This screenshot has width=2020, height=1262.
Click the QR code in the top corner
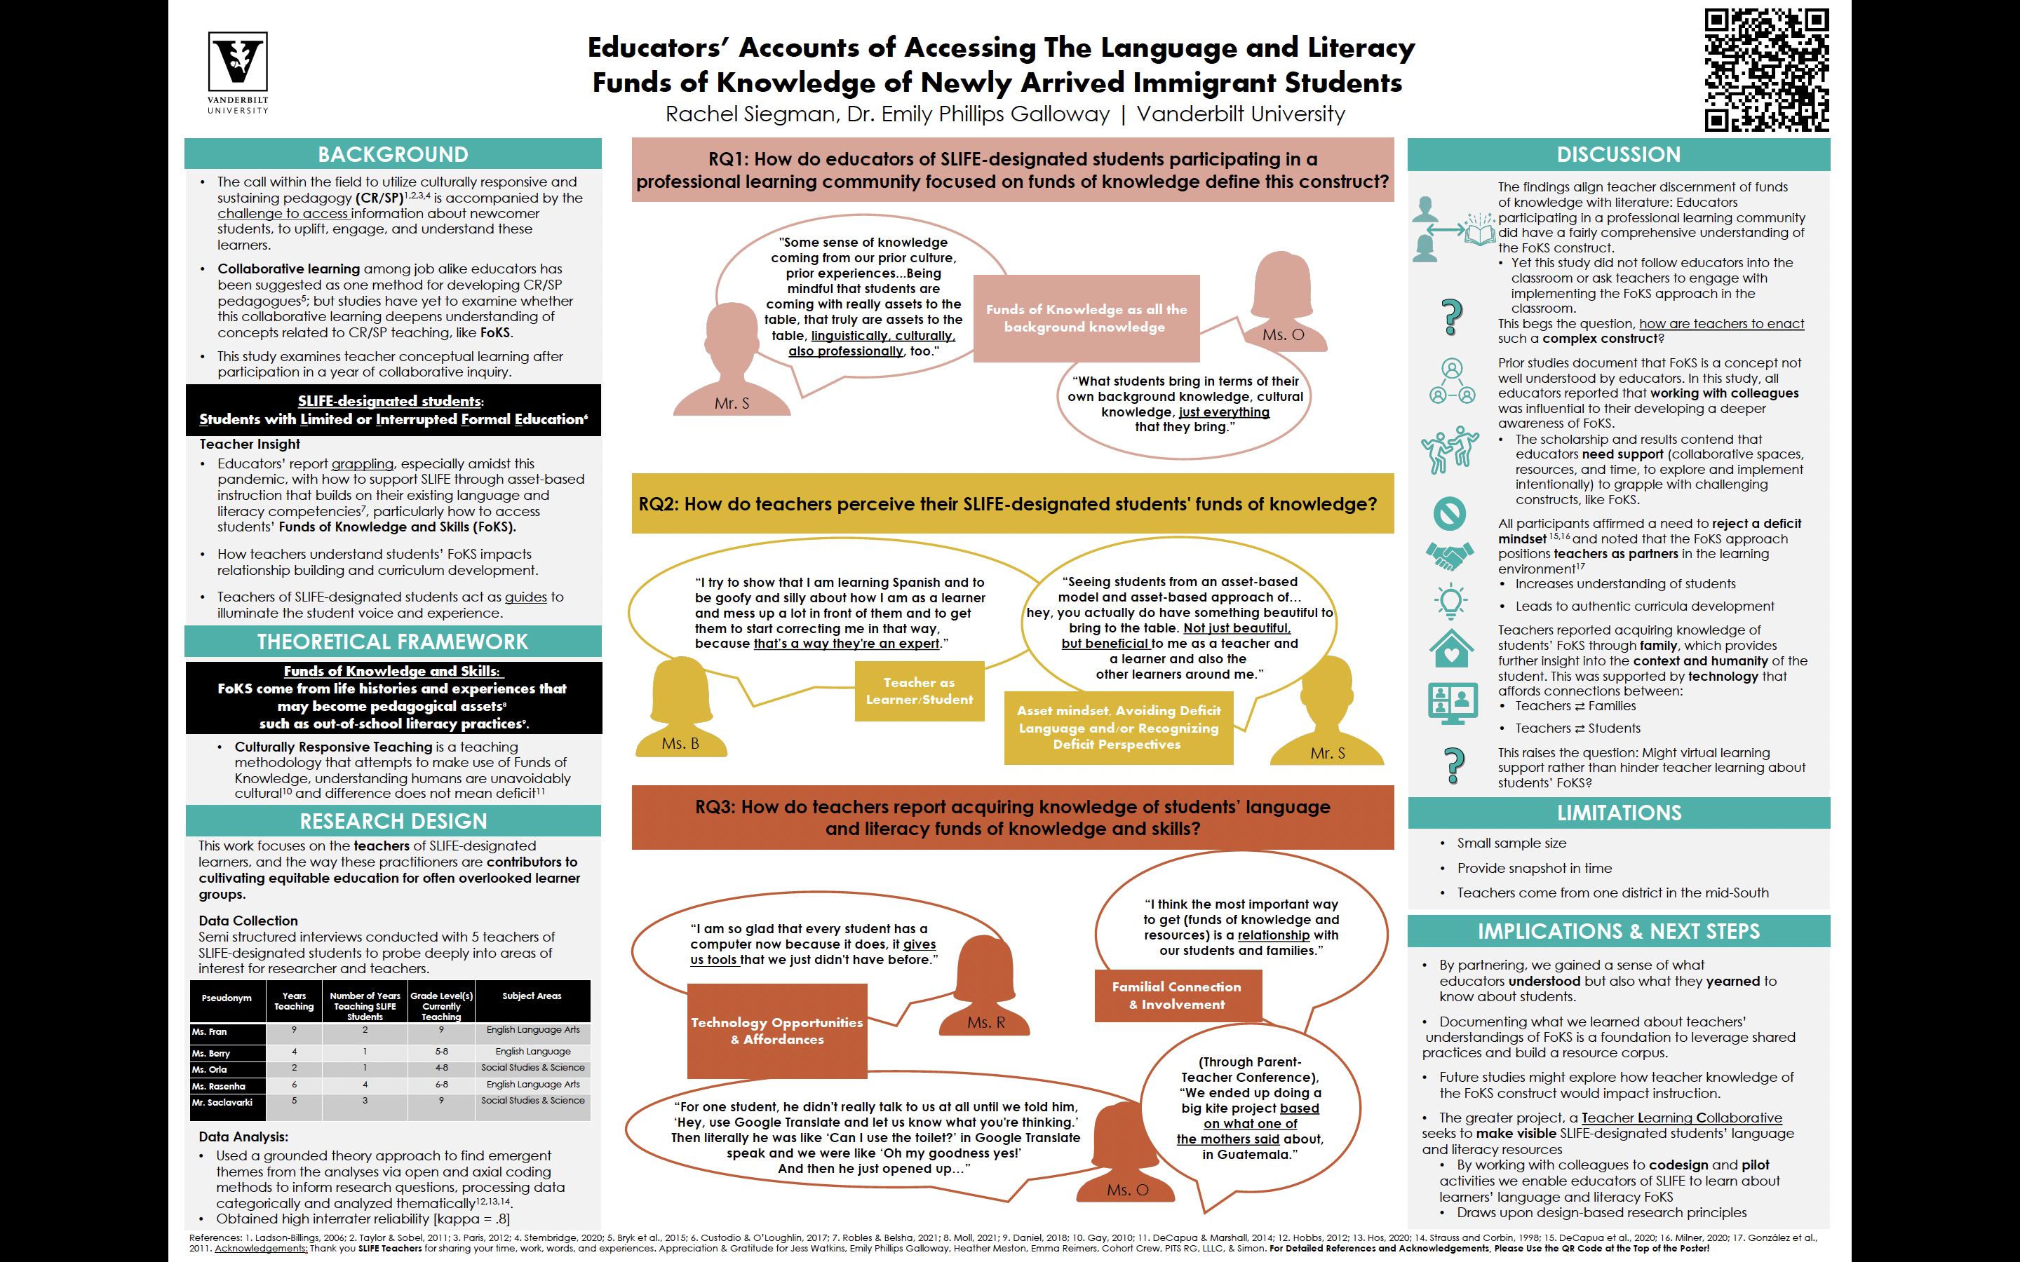click(x=1765, y=70)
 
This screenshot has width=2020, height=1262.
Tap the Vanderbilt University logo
click(x=238, y=72)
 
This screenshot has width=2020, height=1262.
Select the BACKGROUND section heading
click(x=392, y=154)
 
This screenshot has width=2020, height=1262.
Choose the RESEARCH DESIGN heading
click(x=392, y=821)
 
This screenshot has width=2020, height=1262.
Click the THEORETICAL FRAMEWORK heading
click(x=392, y=642)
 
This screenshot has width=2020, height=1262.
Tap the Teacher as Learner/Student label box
click(x=919, y=691)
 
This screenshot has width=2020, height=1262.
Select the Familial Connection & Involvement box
click(x=1177, y=996)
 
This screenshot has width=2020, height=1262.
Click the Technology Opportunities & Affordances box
click(x=777, y=1031)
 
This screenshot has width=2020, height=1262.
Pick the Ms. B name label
click(x=680, y=744)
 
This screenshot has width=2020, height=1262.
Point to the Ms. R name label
click(x=985, y=1022)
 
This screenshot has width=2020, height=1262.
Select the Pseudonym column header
click(x=227, y=998)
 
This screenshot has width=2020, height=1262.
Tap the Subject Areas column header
click(x=532, y=996)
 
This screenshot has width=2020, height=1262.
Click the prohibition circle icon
click(x=1450, y=513)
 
